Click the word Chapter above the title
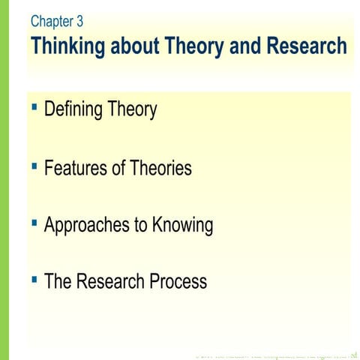[50, 21]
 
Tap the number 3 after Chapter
[79, 21]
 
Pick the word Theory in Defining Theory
[132, 110]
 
